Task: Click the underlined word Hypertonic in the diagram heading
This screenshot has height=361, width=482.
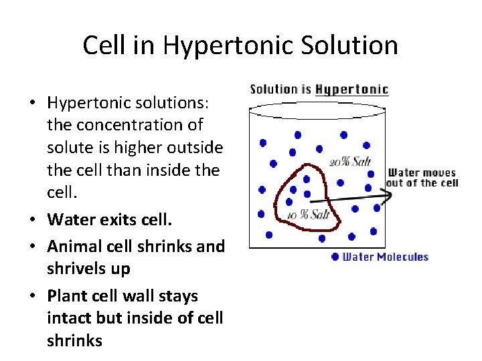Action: coord(351,90)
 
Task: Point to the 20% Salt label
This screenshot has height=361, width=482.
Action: coord(349,162)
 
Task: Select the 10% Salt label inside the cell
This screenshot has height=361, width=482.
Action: coord(309,214)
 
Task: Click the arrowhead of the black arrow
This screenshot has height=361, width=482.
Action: coord(387,195)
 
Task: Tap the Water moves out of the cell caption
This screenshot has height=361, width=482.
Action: coord(422,178)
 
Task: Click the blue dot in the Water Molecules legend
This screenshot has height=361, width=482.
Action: coord(335,257)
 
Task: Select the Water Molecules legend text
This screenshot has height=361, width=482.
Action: coord(385,257)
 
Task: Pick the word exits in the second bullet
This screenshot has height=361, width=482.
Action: coord(114,219)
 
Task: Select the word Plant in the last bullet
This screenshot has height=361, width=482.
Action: coord(66,295)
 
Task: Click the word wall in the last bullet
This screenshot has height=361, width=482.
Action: coord(141,295)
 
